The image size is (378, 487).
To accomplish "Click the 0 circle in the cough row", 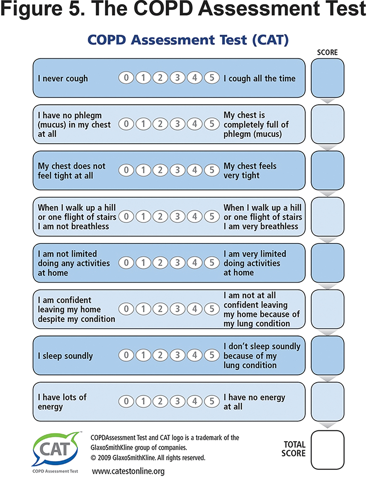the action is [126, 78].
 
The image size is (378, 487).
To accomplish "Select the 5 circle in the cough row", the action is [212, 78].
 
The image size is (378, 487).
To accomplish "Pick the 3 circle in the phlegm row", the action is [177, 124].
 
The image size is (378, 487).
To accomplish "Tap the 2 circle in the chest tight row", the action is [160, 170].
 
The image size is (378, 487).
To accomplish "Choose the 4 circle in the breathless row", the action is [195, 217].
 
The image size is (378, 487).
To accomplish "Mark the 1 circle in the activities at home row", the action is [143, 263].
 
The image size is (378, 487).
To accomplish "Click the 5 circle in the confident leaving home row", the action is [212, 309].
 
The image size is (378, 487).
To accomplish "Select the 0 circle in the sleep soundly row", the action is [126, 355].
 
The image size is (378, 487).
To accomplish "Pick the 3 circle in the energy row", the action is [177, 401].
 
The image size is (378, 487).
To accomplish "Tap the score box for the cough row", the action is [327, 78].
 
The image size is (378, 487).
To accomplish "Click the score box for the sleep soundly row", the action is [327, 355].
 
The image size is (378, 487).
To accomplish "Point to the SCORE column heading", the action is [327, 52].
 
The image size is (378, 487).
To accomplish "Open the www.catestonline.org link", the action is [128, 471].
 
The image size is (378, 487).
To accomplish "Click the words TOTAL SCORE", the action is [294, 449].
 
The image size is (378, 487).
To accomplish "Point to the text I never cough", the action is [63, 79].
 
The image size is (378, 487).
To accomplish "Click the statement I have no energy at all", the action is [255, 402].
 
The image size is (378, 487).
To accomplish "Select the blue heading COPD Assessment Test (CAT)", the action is [188, 40].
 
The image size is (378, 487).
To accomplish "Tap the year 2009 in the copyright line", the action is [105, 458].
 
